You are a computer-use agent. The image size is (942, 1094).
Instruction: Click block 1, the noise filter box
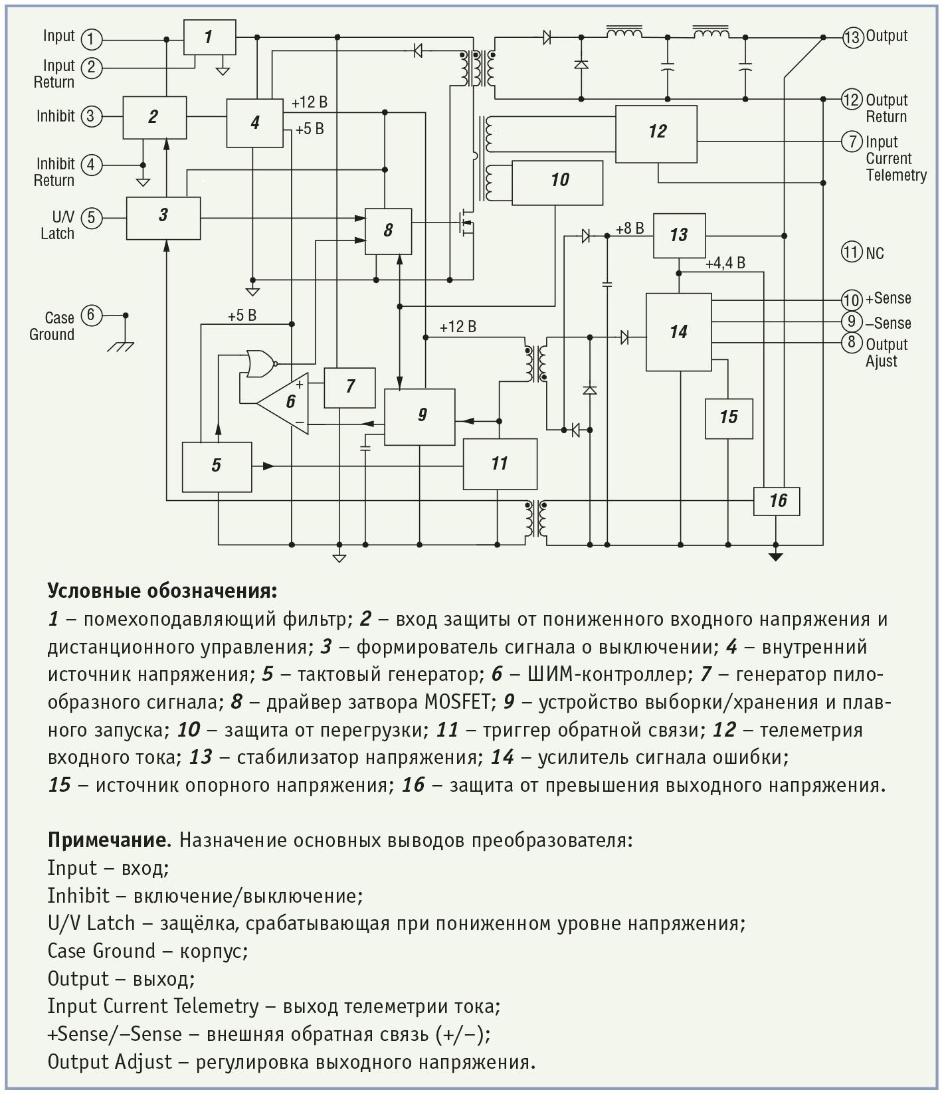click(209, 37)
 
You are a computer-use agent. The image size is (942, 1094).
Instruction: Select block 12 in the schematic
click(656, 134)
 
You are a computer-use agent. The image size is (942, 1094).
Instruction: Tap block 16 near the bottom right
click(776, 501)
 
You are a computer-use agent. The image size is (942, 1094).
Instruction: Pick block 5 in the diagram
click(217, 467)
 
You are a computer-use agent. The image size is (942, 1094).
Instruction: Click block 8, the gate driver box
click(389, 231)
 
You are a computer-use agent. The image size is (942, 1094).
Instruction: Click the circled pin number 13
click(852, 37)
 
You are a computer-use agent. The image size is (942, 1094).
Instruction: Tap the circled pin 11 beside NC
click(852, 252)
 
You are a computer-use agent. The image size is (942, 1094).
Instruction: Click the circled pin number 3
click(91, 117)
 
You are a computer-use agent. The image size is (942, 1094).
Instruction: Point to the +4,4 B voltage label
click(725, 263)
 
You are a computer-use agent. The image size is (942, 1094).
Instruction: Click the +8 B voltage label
click(630, 228)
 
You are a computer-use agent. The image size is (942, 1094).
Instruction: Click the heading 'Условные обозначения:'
click(162, 592)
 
